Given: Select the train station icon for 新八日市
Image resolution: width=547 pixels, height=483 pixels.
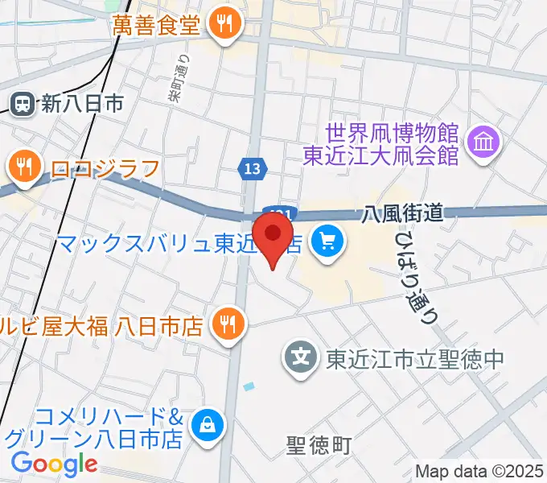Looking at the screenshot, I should point(23,102).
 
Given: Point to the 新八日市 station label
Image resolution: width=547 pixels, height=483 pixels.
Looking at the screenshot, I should point(83,103).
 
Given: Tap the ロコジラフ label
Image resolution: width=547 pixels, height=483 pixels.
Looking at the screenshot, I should point(105,168).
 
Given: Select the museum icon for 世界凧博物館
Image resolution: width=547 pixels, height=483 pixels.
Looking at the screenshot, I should point(486,144).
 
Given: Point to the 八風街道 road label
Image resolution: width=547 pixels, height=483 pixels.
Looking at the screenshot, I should point(403,213).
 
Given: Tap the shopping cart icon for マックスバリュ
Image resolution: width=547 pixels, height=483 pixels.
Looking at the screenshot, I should point(327,240).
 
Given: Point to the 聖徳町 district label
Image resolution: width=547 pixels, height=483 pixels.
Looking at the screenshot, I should point(319,444).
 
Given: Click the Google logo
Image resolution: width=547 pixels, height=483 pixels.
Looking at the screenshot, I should point(54,464).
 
